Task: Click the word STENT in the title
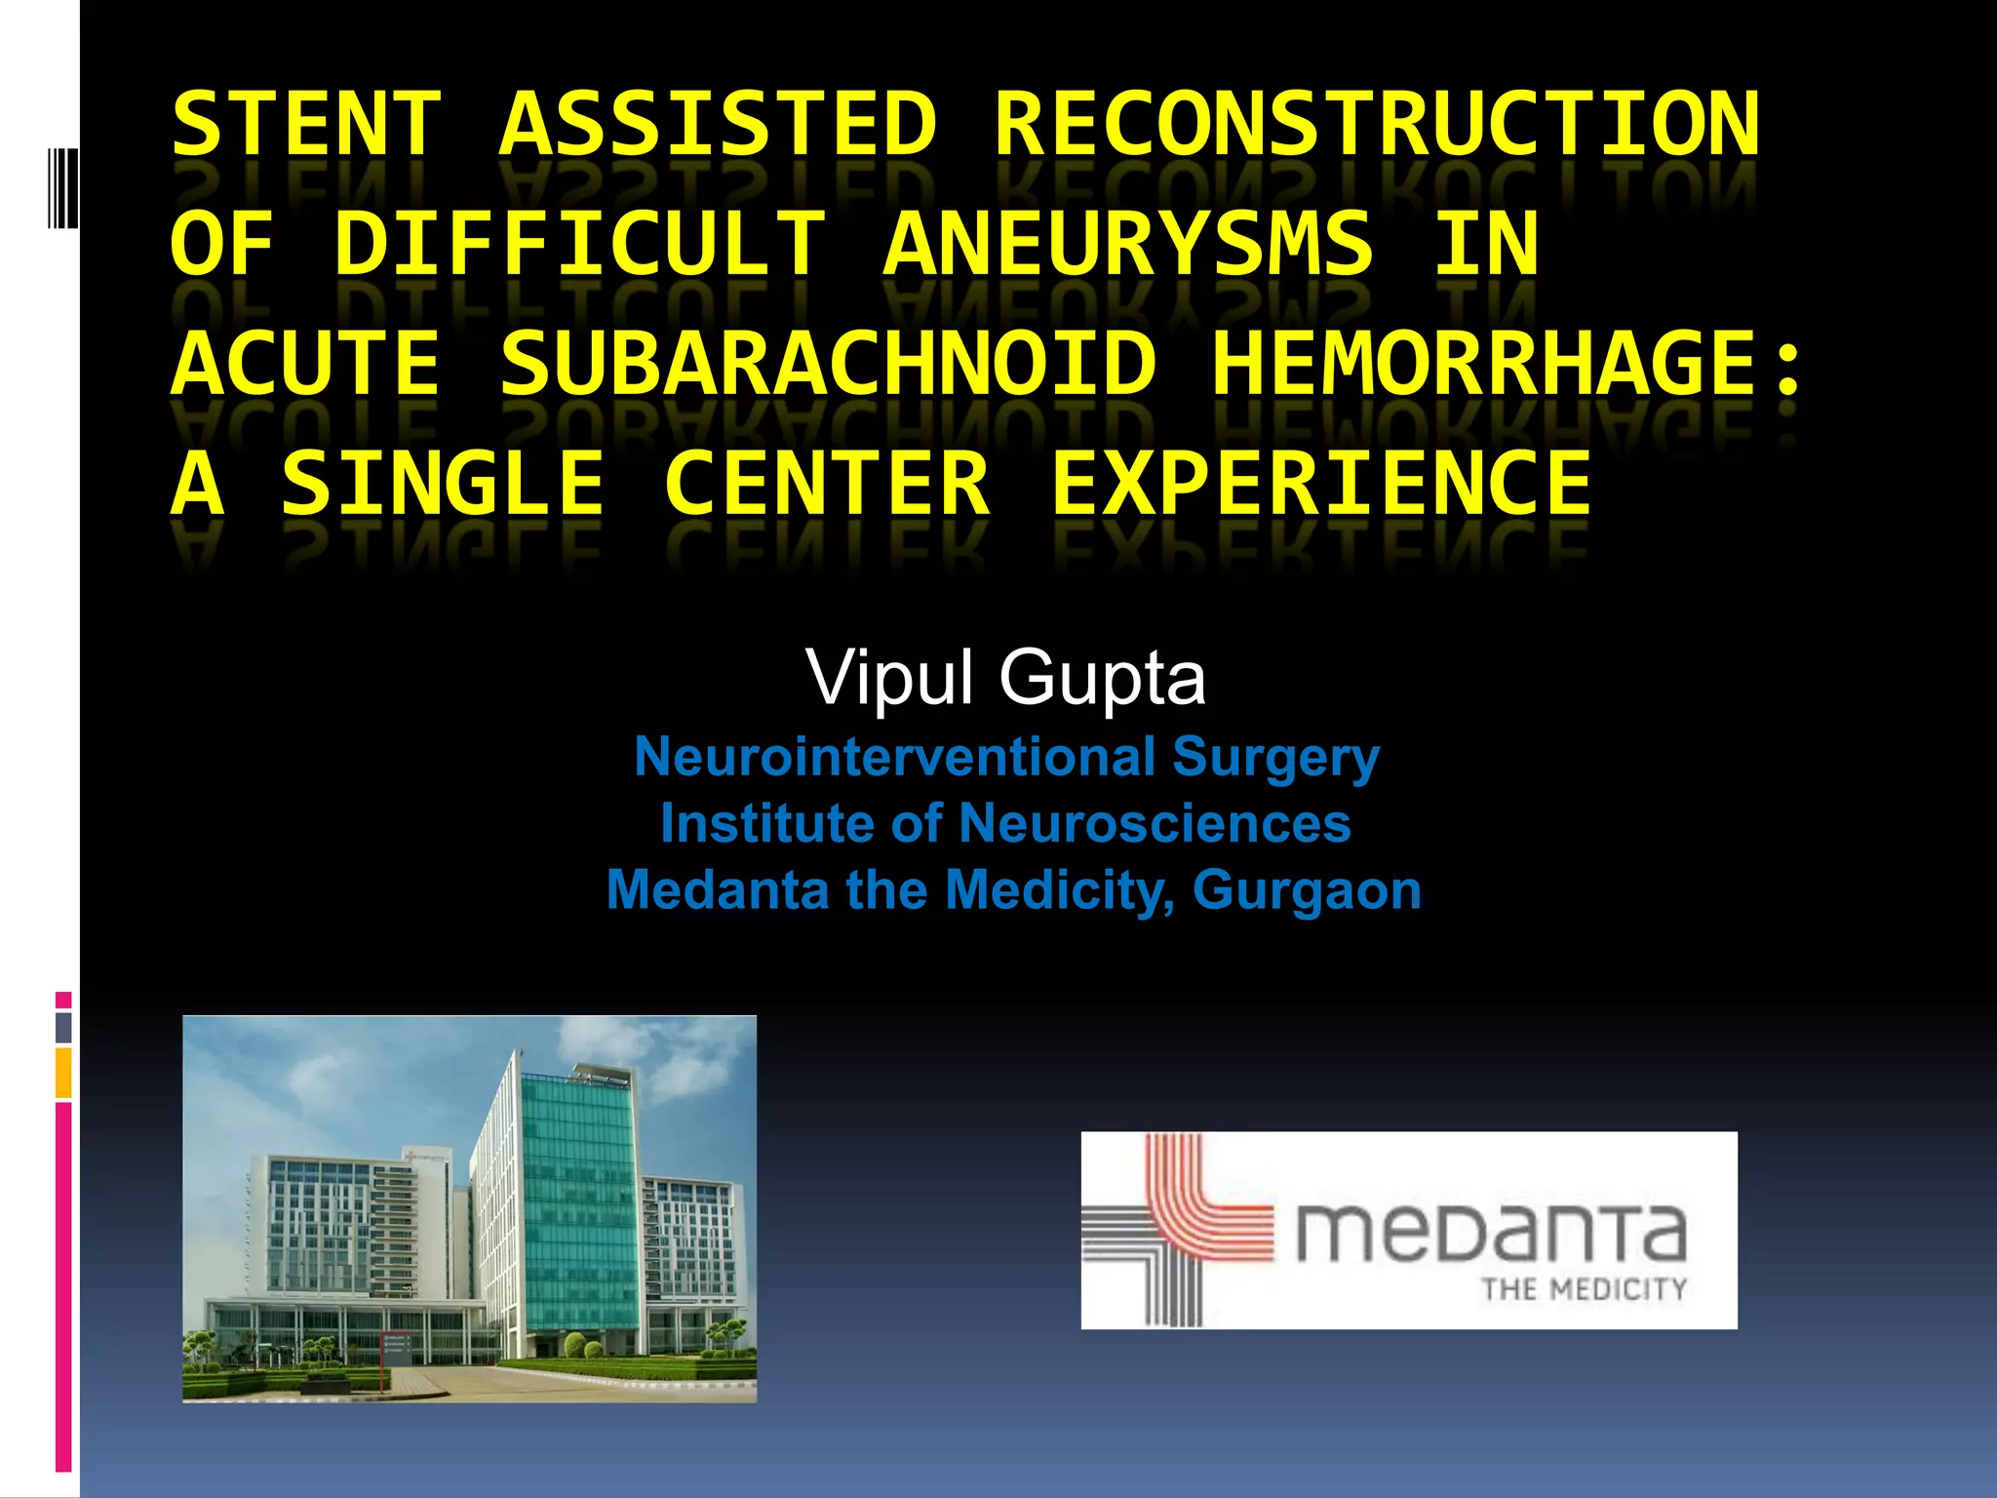(x=306, y=124)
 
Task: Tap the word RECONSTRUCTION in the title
(x=1377, y=124)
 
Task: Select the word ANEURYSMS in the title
(x=1129, y=244)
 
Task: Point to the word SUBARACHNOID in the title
(x=828, y=364)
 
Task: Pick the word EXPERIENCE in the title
(x=1321, y=484)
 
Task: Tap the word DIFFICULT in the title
(x=580, y=244)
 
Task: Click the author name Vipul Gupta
(x=1005, y=677)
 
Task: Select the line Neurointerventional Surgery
(x=1006, y=757)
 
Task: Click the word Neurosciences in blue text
(x=1155, y=823)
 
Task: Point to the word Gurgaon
(x=1307, y=889)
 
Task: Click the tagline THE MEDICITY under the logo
(x=1584, y=1289)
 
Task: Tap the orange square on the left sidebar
(x=63, y=1073)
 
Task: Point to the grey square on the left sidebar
(x=63, y=1027)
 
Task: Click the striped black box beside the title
(x=63, y=186)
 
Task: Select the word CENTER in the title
(x=826, y=484)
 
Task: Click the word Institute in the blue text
(x=765, y=823)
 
